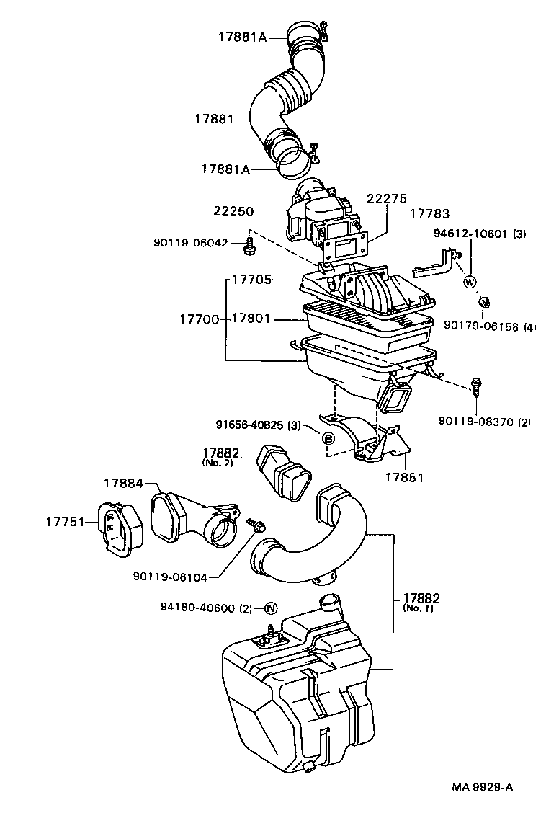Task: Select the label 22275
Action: [386, 199]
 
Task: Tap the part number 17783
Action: [430, 214]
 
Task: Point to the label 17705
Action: [251, 279]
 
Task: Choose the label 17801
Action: [251, 318]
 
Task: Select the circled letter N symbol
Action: [271, 608]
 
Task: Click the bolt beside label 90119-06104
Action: [254, 524]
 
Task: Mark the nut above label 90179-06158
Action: [485, 301]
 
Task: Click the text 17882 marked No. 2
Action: [221, 453]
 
